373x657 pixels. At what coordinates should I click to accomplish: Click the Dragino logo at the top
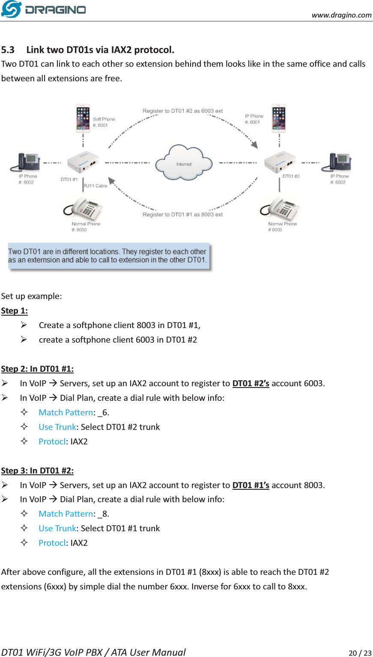tap(44, 9)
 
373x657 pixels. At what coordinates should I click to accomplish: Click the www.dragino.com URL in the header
tap(341, 15)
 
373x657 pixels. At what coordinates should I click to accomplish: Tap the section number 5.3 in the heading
tap(8, 50)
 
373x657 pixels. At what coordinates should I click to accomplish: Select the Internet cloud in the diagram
tap(184, 163)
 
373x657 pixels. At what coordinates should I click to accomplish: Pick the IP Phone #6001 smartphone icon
tap(279, 118)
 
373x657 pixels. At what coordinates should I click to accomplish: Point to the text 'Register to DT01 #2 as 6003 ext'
tap(182, 111)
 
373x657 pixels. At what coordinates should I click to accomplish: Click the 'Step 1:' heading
tap(15, 311)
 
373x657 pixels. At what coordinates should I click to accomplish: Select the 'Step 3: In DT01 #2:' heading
tap(37, 471)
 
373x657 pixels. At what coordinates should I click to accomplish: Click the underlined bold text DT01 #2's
tap(251, 383)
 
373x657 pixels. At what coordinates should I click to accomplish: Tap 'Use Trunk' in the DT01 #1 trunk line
tap(57, 528)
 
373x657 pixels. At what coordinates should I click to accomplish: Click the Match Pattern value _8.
tap(103, 514)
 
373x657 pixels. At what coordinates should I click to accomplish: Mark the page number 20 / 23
tap(360, 653)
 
